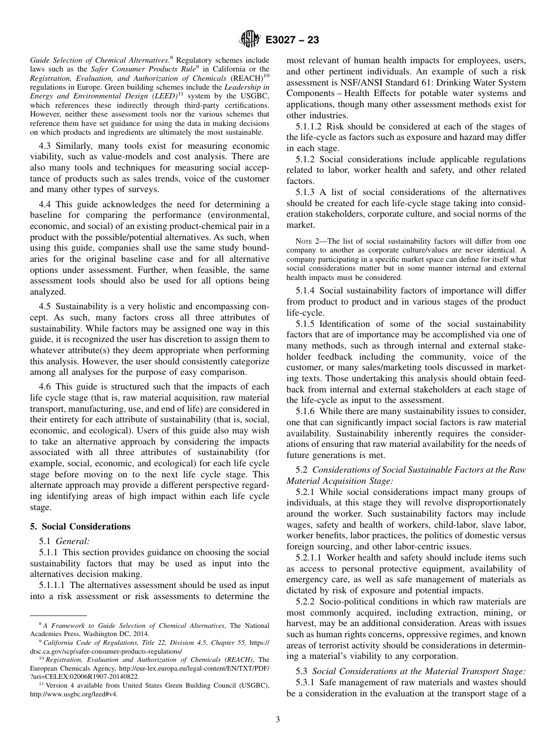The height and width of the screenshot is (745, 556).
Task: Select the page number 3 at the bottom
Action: (x=278, y=720)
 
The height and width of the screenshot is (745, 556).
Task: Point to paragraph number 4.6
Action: (x=45, y=387)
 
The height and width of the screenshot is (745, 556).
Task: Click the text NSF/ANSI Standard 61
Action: (x=391, y=83)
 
